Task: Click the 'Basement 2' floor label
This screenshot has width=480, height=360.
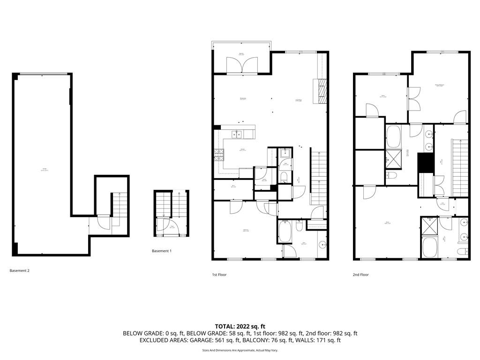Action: pyautogui.click(x=20, y=270)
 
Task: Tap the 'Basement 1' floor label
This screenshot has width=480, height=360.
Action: pyautogui.click(x=162, y=251)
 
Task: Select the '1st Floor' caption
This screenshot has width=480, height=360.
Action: pyautogui.click(x=219, y=275)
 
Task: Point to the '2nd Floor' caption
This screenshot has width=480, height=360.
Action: pyautogui.click(x=361, y=275)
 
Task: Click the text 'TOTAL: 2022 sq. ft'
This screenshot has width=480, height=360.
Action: pyautogui.click(x=240, y=326)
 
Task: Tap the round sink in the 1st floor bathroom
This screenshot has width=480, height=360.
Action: pyautogui.click(x=322, y=245)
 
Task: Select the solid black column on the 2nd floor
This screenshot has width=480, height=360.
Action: pyautogui.click(x=424, y=163)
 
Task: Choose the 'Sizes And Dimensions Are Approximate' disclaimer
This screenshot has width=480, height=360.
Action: pyautogui.click(x=240, y=350)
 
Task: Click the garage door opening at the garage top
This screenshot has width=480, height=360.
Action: pyautogui.click(x=43, y=73)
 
